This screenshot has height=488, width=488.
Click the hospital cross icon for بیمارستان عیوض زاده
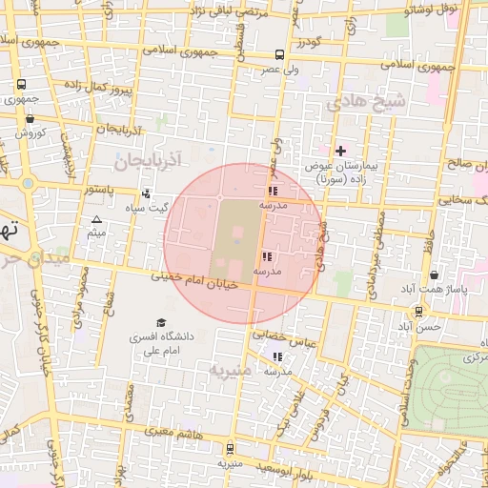pos(340,151)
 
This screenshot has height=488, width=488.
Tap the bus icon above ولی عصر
pos(279,54)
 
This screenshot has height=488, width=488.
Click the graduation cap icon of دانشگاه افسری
pos(160,323)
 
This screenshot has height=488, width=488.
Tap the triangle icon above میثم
pos(95,220)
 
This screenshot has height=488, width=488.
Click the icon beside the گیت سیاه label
pos(146,193)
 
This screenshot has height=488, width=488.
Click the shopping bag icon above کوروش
pos(31,119)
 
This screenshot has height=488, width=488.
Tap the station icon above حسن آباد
pos(418,312)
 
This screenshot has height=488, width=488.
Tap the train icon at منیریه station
pos(229,448)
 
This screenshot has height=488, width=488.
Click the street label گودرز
pos(311,41)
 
